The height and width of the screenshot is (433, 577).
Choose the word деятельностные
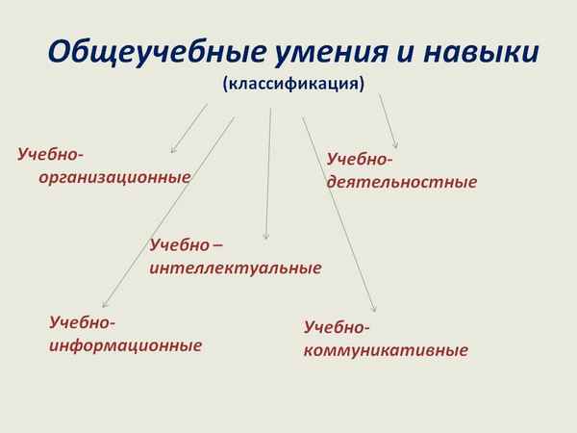(x=402, y=181)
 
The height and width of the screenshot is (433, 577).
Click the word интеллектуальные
(x=236, y=267)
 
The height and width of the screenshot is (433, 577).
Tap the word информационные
(x=126, y=344)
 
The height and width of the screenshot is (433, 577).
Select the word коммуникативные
(x=386, y=349)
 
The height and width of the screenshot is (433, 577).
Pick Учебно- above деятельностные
(x=361, y=158)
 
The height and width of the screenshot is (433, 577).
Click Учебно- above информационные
(x=83, y=321)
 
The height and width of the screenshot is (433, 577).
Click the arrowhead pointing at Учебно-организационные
(x=173, y=150)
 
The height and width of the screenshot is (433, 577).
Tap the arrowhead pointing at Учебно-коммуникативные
(x=374, y=310)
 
